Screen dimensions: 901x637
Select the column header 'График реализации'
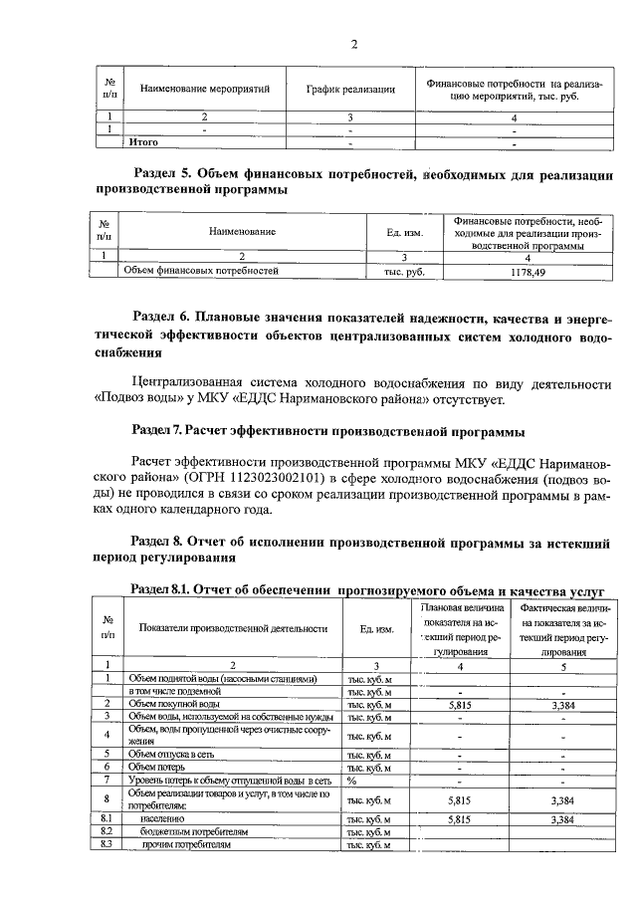(x=350, y=90)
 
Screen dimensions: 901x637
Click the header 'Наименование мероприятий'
(x=205, y=90)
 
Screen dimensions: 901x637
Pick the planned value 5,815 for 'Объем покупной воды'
(x=462, y=704)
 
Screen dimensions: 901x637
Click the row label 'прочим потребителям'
(x=187, y=844)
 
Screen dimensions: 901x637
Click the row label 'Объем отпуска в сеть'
(x=166, y=755)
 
